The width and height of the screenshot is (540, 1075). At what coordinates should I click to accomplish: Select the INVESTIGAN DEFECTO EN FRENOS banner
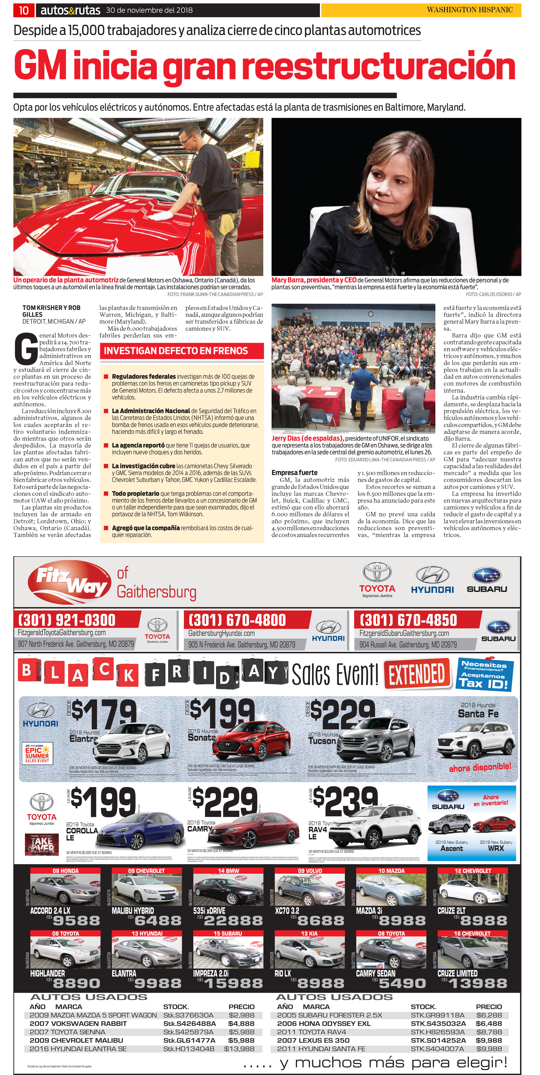pyautogui.click(x=182, y=351)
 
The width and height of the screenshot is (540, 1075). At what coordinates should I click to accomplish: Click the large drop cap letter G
pyautogui.click(x=26, y=349)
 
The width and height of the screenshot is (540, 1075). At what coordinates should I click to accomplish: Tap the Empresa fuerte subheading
pyautogui.click(x=294, y=472)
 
